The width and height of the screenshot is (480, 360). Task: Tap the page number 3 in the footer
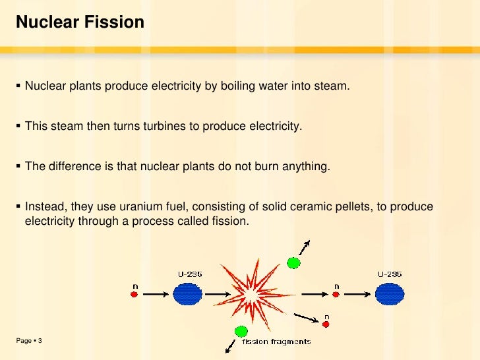40,340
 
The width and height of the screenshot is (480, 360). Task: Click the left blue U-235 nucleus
188,294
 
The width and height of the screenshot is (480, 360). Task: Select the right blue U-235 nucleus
390,294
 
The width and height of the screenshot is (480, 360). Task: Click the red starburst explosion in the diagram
251,294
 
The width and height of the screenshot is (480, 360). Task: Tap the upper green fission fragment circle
294,262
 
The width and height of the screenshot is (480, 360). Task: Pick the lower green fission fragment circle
241,331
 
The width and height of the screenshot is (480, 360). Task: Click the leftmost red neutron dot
135,295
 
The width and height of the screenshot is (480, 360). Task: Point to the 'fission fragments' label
276,342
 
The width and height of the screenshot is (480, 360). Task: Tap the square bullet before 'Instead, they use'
18,207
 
